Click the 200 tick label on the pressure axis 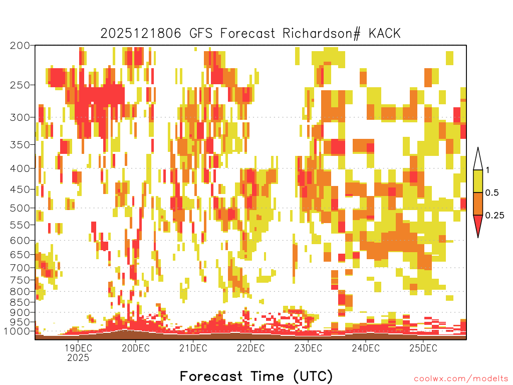(x=20, y=46)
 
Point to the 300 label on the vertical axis (x=20, y=117)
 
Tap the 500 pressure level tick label (x=20, y=208)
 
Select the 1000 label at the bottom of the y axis (x=17, y=331)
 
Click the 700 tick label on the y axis (x=20, y=268)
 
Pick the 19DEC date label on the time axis (x=78, y=348)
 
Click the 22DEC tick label (x=250, y=348)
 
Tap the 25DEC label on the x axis (x=423, y=348)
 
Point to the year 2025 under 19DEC (x=78, y=358)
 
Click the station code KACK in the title (x=385, y=34)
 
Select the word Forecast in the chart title (x=247, y=34)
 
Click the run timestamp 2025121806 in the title (x=141, y=34)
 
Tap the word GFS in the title (x=201, y=34)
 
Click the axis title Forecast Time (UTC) (x=256, y=376)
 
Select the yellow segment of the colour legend (x=478, y=181)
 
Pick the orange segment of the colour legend (x=478, y=204)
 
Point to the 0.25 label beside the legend (x=494, y=216)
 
